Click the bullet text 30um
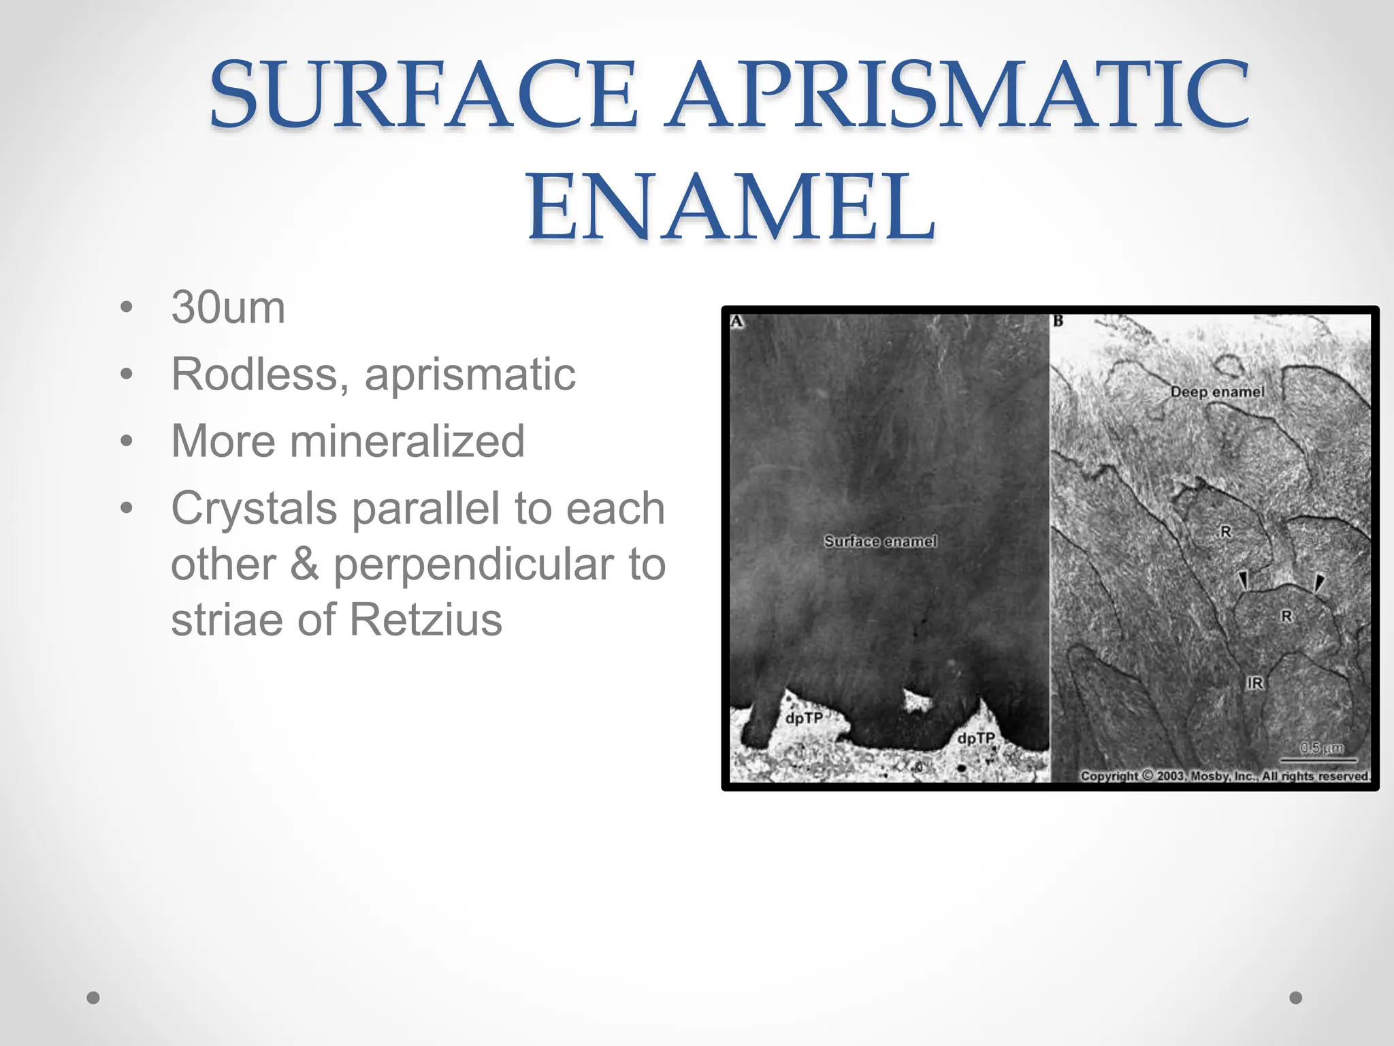tap(228, 308)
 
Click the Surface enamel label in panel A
tap(880, 541)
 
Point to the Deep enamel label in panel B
tap(1217, 392)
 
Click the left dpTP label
tap(804, 718)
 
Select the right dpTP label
tap(975, 739)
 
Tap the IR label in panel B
tap(1254, 683)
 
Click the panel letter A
tap(736, 321)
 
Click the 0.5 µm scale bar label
tap(1321, 748)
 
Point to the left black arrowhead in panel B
tap(1243, 580)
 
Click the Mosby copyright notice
tap(1225, 776)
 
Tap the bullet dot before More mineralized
tap(126, 441)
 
